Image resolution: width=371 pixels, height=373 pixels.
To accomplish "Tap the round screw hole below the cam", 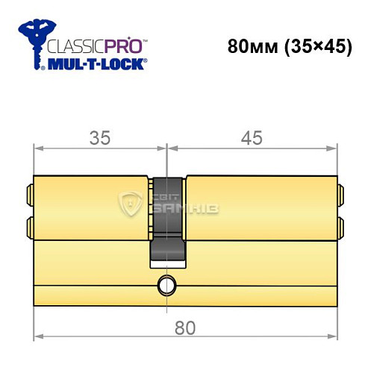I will click(166, 283).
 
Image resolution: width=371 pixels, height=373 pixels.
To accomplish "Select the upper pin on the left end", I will click(29, 194).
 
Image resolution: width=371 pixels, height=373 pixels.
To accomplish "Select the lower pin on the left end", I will click(29, 225).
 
